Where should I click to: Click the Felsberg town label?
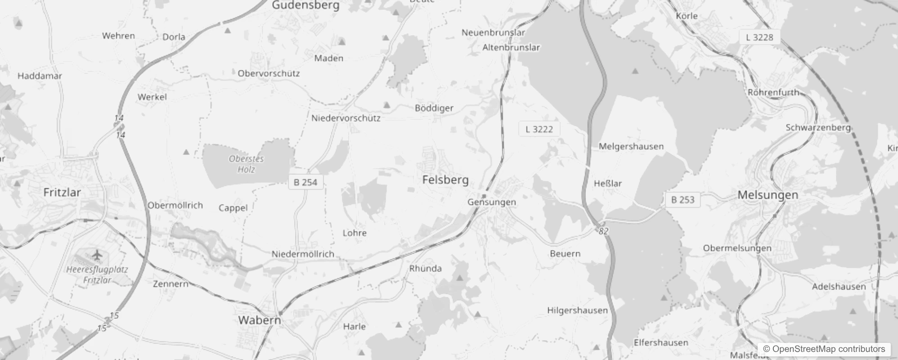click(x=445, y=180)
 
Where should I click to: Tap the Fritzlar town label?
click(x=62, y=193)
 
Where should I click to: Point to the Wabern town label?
click(x=260, y=320)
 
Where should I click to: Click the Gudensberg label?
click(x=306, y=5)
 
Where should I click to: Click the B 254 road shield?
click(x=305, y=182)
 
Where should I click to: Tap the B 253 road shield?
click(x=682, y=200)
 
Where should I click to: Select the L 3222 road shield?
click(x=539, y=130)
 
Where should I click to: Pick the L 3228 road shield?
click(x=759, y=37)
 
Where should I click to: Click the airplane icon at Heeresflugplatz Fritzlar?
click(x=97, y=255)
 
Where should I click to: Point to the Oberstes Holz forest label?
click(x=246, y=164)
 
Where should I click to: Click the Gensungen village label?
click(x=492, y=202)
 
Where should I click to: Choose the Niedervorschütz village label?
click(x=346, y=118)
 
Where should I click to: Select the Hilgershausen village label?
click(x=577, y=310)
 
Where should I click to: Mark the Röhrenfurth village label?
click(x=773, y=92)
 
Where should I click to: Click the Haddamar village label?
click(x=40, y=76)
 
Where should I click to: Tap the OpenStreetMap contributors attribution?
click(x=824, y=349)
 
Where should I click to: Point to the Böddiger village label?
click(x=434, y=108)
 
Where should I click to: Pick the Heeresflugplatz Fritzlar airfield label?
click(x=97, y=274)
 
